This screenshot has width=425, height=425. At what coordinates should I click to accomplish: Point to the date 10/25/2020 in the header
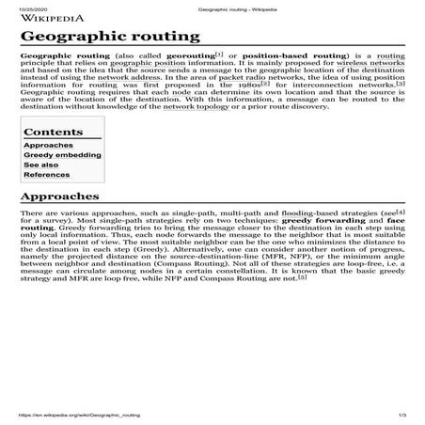[x=32, y=6]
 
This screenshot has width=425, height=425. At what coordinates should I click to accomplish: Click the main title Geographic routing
[x=110, y=37]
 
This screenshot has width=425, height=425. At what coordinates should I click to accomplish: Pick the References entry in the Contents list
[x=46, y=175]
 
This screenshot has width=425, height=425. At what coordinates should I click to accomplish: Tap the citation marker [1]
[x=219, y=56]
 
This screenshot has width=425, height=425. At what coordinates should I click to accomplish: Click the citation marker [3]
[x=400, y=83]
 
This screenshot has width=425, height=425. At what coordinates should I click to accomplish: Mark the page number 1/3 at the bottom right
[x=402, y=415]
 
